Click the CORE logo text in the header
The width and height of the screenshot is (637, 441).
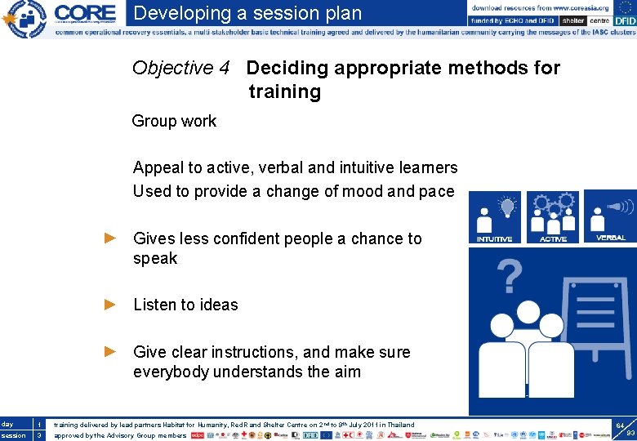pyautogui.click(x=86, y=14)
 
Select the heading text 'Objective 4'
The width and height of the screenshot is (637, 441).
pyautogui.click(x=180, y=68)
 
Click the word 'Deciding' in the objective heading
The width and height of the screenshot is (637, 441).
pyautogui.click(x=285, y=68)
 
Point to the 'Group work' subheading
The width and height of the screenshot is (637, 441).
pyautogui.click(x=174, y=121)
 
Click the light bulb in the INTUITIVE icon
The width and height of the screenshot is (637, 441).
pyautogui.click(x=507, y=206)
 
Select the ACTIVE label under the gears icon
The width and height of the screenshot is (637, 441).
pyautogui.click(x=553, y=238)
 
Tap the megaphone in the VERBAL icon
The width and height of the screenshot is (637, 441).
pyautogui.click(x=618, y=206)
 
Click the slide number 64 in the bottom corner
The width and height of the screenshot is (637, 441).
pyautogui.click(x=621, y=425)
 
